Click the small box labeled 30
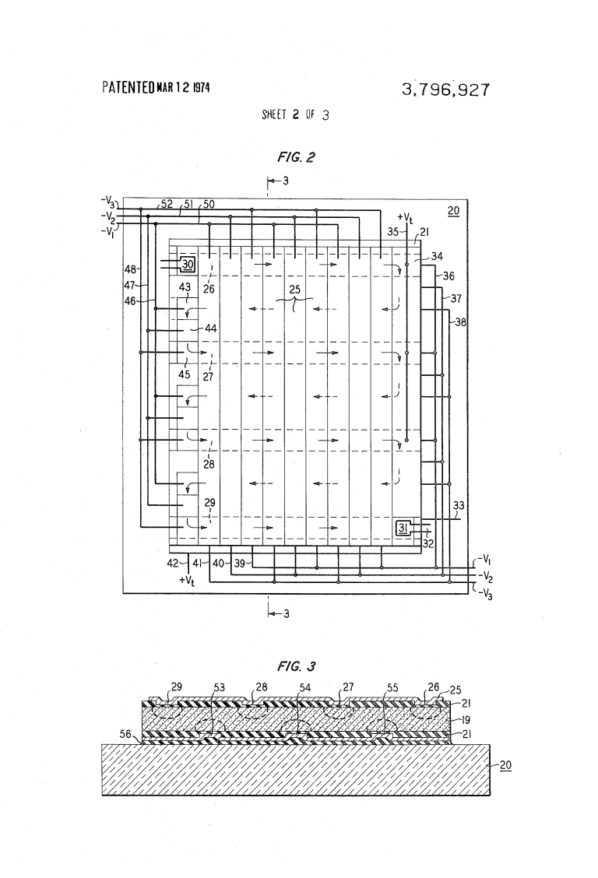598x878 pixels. click(187, 264)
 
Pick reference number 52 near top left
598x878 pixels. click(166, 204)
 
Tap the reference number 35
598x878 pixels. click(392, 231)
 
